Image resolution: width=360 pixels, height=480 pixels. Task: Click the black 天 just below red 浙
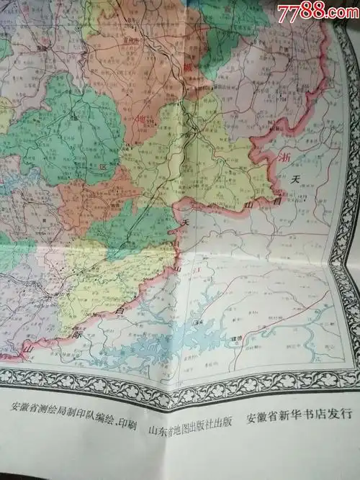click(292, 179)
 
